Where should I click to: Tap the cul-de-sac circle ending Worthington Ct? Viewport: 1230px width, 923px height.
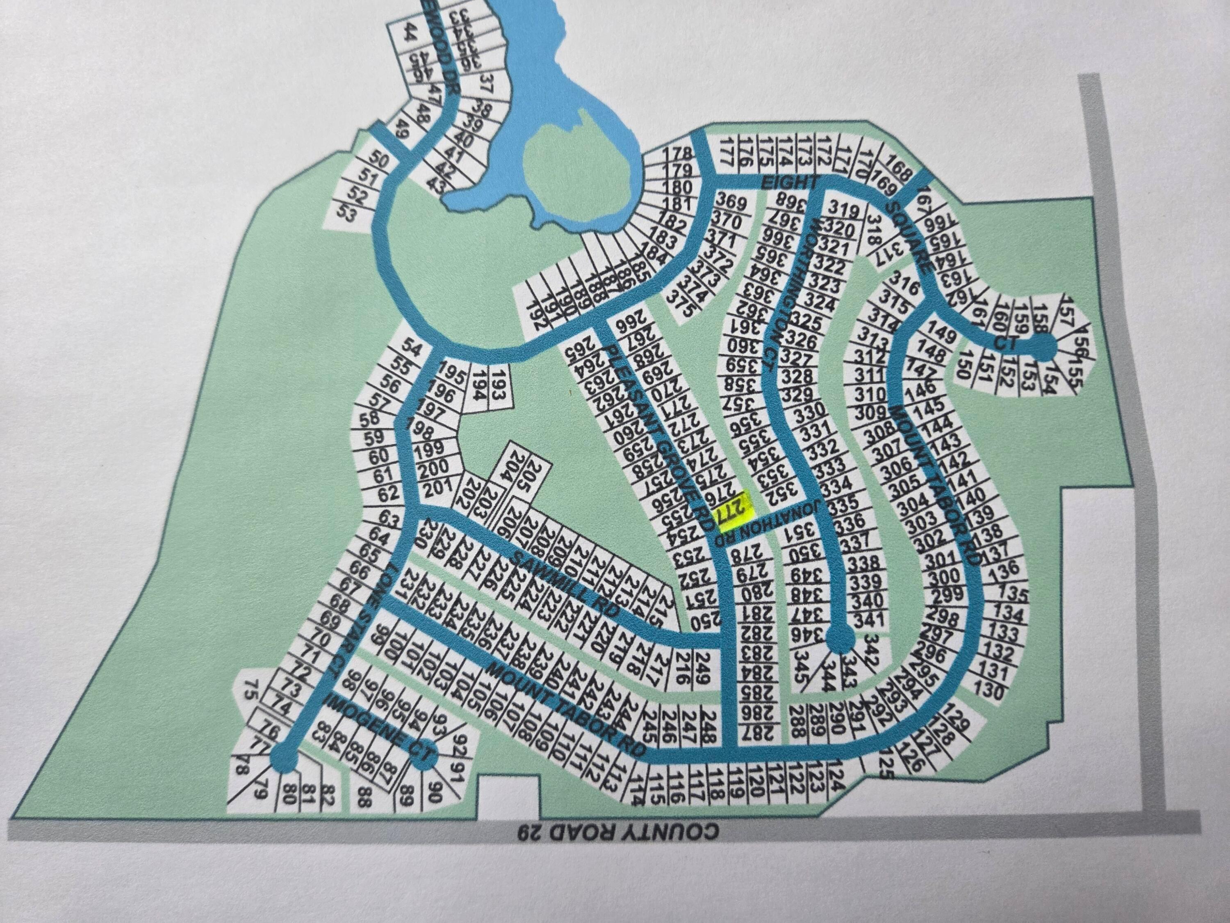coord(841,639)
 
